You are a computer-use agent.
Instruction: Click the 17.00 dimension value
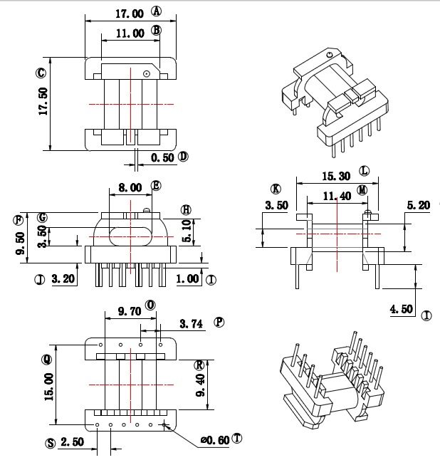(x=128, y=13)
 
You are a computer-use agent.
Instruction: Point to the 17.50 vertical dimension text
(x=43, y=102)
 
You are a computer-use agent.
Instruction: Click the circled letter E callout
(x=157, y=187)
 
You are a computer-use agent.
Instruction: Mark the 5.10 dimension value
(x=187, y=231)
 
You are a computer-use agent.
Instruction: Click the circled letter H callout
(x=187, y=209)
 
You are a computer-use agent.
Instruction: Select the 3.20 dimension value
(x=64, y=279)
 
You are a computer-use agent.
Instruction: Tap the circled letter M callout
(x=363, y=190)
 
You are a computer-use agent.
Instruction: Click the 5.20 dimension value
(x=418, y=205)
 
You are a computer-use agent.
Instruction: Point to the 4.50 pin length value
(x=402, y=308)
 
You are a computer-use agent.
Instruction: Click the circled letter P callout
(x=219, y=322)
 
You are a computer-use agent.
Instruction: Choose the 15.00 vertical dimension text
(x=49, y=386)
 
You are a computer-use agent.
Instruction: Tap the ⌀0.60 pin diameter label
(x=214, y=440)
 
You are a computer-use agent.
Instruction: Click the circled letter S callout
(x=50, y=443)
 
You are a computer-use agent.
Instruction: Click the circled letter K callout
(x=276, y=189)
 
